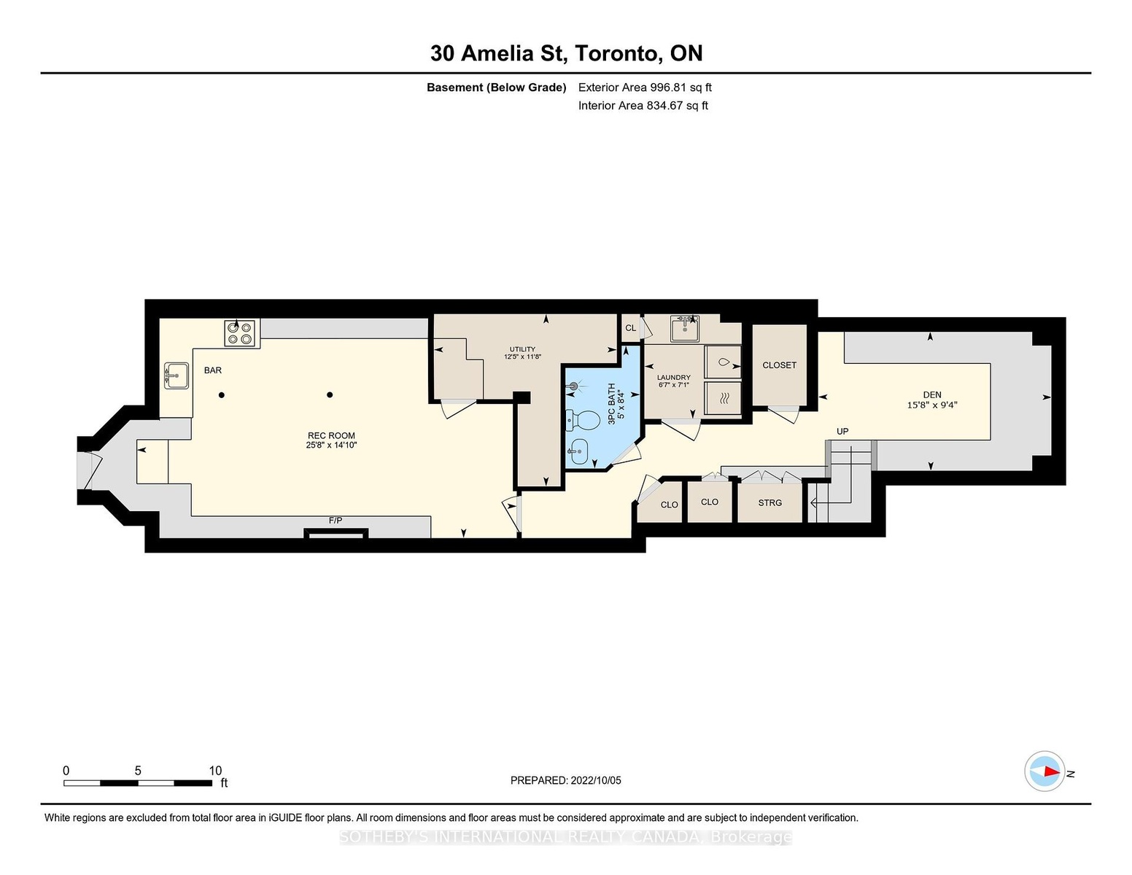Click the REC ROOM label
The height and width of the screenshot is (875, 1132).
click(x=331, y=436)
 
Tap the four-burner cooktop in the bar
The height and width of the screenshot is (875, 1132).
click(x=240, y=333)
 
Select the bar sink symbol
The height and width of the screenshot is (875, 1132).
click(x=176, y=376)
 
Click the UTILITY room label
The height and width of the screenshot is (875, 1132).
click(x=522, y=349)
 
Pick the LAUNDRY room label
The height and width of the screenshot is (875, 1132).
click(x=673, y=378)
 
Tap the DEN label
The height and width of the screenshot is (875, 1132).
click(x=932, y=395)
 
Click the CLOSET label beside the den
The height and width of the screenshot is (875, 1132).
click(x=779, y=365)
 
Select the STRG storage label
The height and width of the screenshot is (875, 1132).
click(x=770, y=503)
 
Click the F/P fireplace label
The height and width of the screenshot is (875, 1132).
click(x=336, y=520)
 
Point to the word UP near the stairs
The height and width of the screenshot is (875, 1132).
click(x=842, y=432)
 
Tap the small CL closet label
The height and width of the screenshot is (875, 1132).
click(x=630, y=328)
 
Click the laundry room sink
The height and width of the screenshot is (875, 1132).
click(x=685, y=328)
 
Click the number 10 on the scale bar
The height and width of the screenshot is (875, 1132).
click(x=215, y=771)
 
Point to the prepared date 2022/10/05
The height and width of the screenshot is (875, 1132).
click(x=596, y=780)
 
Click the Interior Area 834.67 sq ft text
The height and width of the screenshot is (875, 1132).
click(x=643, y=106)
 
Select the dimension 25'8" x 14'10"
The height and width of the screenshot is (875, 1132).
click(x=331, y=446)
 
